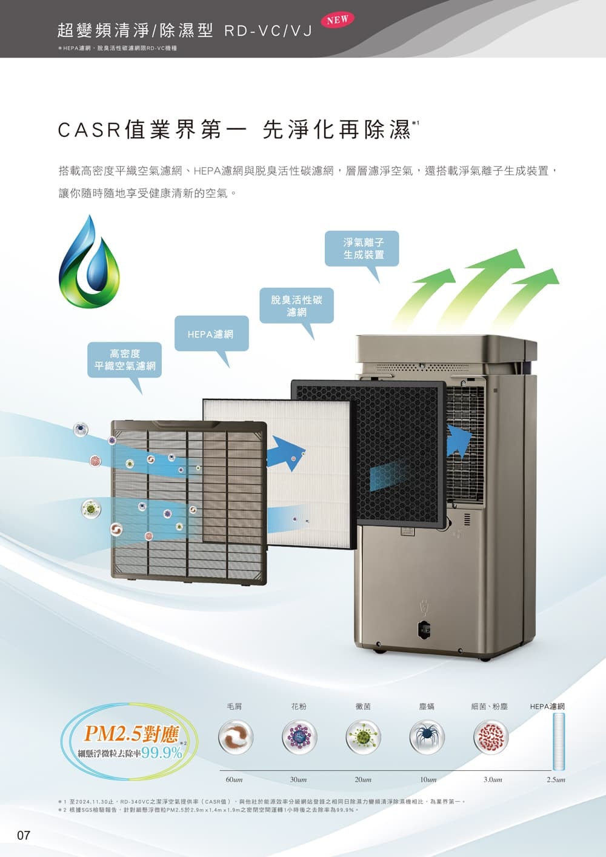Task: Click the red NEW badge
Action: pyautogui.click(x=337, y=19)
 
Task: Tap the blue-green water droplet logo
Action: pyautogui.click(x=89, y=264)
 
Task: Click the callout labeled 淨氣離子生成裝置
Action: pyautogui.click(x=362, y=248)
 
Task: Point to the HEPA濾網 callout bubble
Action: pyautogui.click(x=211, y=333)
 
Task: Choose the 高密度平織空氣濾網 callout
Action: pyautogui.click(x=125, y=359)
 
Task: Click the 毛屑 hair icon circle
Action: pyautogui.click(x=235, y=736)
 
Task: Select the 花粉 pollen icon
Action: pyautogui.click(x=299, y=736)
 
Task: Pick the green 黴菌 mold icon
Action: pyautogui.click(x=363, y=736)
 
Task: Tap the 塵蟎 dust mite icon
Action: pyautogui.click(x=427, y=736)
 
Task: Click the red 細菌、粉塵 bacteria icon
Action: pyautogui.click(x=490, y=736)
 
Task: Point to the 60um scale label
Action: pyautogui.click(x=234, y=779)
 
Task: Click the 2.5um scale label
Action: pyautogui.click(x=555, y=779)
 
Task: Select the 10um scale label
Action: pyautogui.click(x=428, y=779)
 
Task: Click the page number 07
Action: pyautogui.click(x=23, y=836)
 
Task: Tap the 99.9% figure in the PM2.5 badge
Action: pyautogui.click(x=162, y=753)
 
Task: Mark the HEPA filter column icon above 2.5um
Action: pyautogui.click(x=558, y=741)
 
